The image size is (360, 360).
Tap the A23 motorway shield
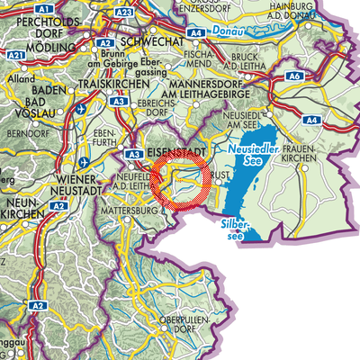[x=125, y=12]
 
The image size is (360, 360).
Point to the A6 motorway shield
[x=294, y=78]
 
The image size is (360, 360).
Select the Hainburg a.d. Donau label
[x=322, y=11]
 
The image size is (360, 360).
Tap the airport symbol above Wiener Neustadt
[x=83, y=163]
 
